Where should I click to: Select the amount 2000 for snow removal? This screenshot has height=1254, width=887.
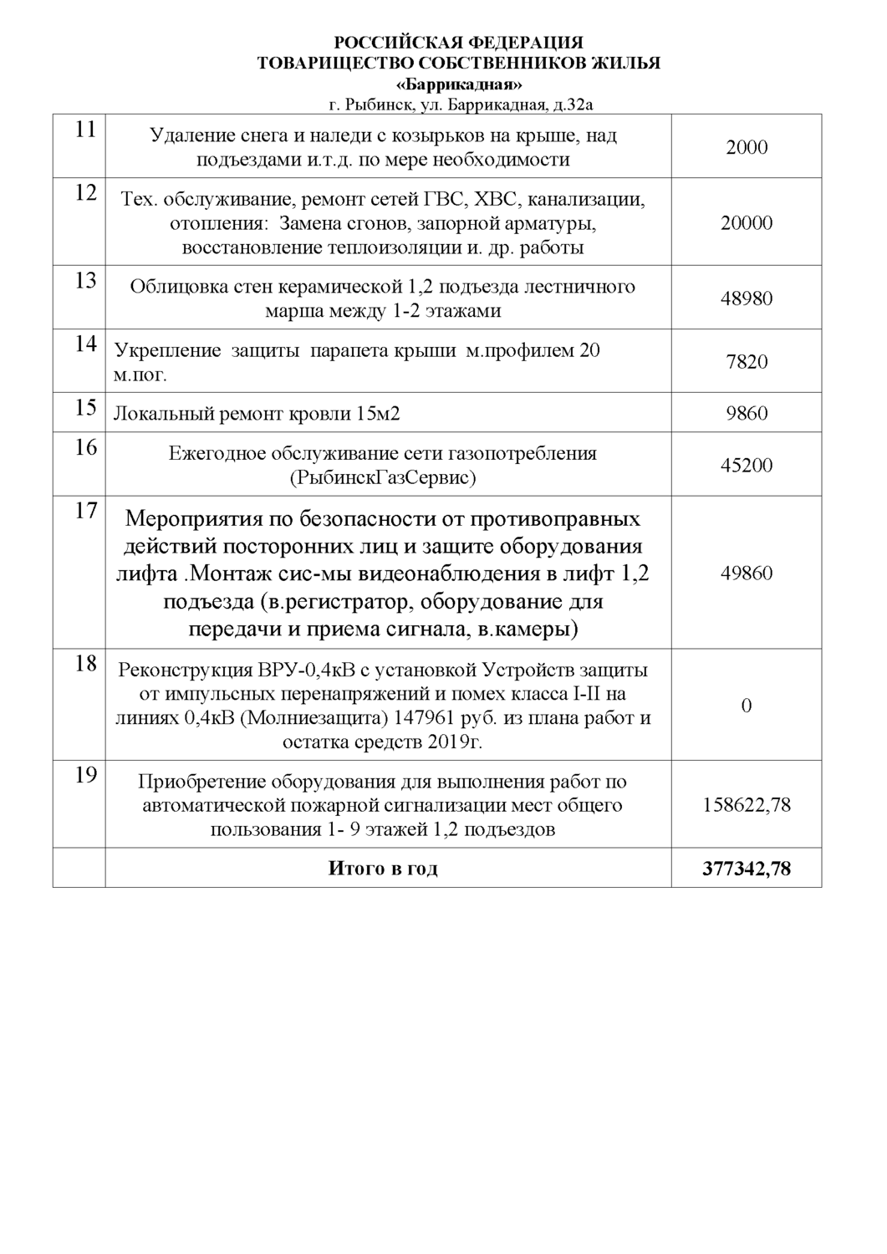tap(747, 147)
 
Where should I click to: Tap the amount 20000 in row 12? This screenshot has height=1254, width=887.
tap(747, 223)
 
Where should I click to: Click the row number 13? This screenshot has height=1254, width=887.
tap(85, 280)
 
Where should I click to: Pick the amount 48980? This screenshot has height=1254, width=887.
tap(747, 298)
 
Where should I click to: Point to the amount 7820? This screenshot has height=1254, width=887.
tap(747, 362)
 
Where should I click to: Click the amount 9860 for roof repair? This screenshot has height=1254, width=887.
tap(747, 413)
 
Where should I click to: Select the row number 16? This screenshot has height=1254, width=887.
tap(85, 447)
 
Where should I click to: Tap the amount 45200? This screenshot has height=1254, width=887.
tap(747, 465)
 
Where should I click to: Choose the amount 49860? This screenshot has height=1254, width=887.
tap(747, 573)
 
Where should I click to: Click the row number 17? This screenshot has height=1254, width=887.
tap(85, 510)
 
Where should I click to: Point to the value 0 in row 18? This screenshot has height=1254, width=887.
tap(747, 706)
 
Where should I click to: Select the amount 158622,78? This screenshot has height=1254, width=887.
tap(747, 805)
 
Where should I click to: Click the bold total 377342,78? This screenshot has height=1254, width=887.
tap(747, 869)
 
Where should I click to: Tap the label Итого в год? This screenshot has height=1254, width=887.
tap(383, 869)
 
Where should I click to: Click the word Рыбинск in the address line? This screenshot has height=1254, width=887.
tap(375, 105)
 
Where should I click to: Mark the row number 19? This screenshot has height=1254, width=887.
tap(85, 775)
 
